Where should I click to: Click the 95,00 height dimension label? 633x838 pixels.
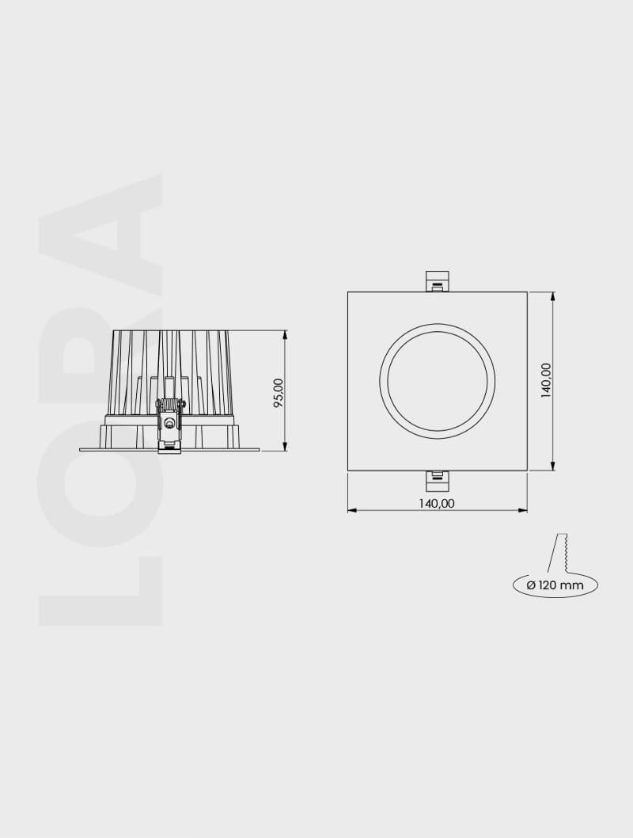[x=278, y=392]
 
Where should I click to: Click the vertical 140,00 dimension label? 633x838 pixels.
[x=546, y=381]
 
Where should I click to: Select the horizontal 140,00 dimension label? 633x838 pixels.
[x=437, y=503]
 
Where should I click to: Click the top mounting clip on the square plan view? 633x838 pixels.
[x=437, y=281]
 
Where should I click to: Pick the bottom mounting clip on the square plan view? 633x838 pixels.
[x=437, y=480]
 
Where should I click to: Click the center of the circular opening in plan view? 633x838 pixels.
[x=438, y=381]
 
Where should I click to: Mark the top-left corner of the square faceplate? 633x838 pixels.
[x=348, y=292]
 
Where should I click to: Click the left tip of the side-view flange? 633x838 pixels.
[x=81, y=449]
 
